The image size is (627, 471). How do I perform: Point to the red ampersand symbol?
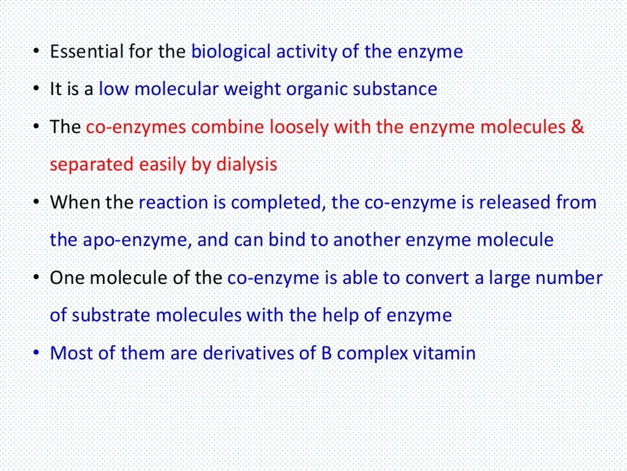(577, 127)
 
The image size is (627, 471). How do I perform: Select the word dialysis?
(246, 165)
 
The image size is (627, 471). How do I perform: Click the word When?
(75, 202)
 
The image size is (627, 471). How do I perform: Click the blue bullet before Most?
(37, 353)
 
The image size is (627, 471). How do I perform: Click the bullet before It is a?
(37, 89)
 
